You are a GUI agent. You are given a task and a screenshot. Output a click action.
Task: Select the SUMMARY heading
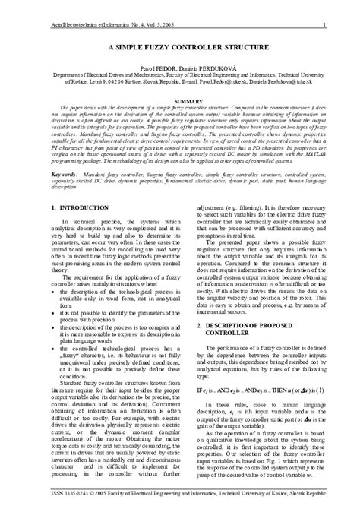tap(181, 101)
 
